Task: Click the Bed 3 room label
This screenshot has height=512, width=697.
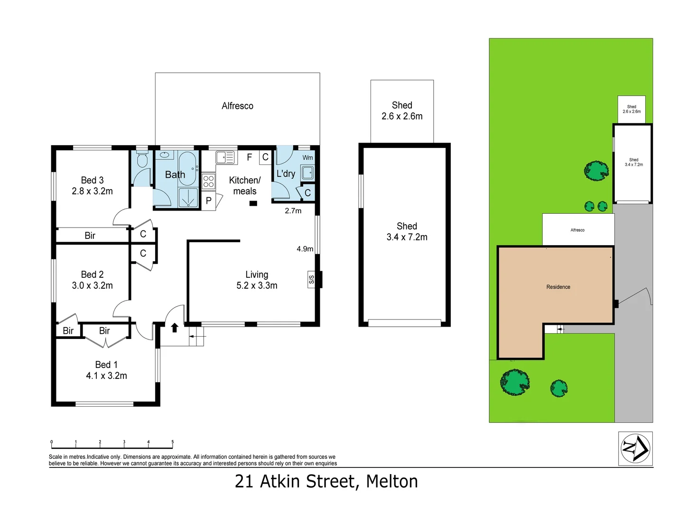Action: click(92, 180)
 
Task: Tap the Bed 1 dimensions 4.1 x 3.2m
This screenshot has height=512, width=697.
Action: click(106, 376)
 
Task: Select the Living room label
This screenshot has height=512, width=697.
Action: click(257, 274)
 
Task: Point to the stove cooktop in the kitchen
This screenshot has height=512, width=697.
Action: click(208, 181)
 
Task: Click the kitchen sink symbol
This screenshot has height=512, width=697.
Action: click(225, 157)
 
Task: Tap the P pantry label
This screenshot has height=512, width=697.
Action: click(208, 201)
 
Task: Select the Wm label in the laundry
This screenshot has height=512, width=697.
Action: click(307, 157)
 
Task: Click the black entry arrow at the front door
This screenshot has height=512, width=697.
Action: click(174, 327)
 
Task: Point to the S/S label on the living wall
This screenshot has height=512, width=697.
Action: click(311, 280)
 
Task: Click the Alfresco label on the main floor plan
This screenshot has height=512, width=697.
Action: click(237, 106)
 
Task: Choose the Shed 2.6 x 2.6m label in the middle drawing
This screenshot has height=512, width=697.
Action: click(402, 110)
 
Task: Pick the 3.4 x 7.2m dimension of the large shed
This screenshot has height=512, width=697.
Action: click(407, 237)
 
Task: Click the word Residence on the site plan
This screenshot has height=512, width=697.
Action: click(558, 287)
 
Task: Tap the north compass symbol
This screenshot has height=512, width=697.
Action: click(635, 448)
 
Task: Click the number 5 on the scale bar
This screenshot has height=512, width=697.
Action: click(172, 442)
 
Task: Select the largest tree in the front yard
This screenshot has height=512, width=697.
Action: click(515, 382)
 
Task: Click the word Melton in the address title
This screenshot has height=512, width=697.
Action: click(392, 482)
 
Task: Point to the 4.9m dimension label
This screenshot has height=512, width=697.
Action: click(305, 249)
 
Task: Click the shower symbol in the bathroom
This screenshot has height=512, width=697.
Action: click(189, 198)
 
